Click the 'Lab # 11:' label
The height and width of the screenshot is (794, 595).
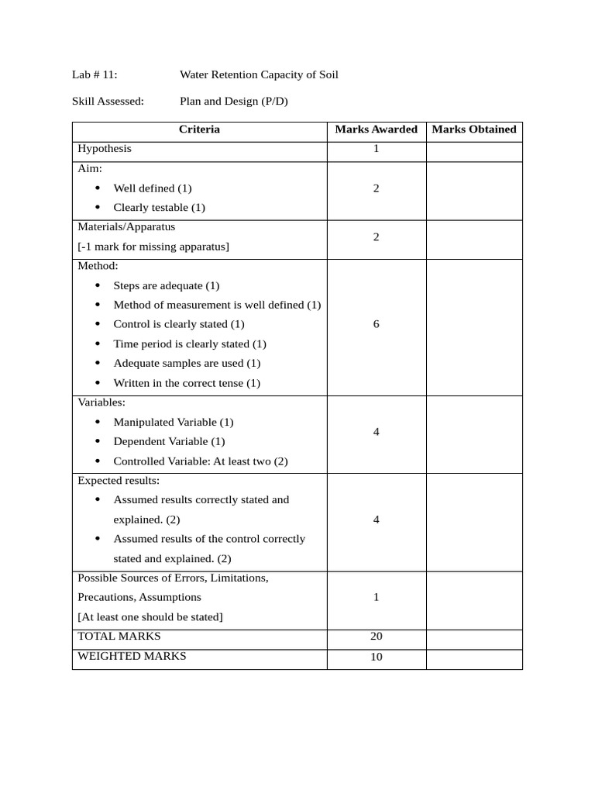pos(95,75)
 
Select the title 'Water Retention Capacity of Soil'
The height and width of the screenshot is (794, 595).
pos(259,75)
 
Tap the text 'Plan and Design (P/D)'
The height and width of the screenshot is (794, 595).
pos(234,101)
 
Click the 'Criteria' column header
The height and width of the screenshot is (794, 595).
pos(199,129)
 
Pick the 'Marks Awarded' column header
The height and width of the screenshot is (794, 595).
pos(376,129)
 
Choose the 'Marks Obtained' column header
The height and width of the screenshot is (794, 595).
pos(474,129)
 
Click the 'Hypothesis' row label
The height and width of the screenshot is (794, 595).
pos(105,149)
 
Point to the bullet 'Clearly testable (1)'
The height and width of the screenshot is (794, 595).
pos(159,208)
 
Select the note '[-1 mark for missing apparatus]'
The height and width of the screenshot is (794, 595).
pos(153,247)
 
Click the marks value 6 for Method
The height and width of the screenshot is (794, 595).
pos(377,324)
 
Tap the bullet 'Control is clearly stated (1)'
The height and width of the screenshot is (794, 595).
pos(178,324)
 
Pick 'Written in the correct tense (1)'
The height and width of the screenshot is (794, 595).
pos(187,383)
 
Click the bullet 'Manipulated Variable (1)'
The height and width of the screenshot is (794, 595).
pos(173,423)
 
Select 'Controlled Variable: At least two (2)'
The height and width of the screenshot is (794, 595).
pos(201,461)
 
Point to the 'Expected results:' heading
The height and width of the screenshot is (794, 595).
pos(119,481)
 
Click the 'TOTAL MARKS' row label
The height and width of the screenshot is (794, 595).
pos(119,637)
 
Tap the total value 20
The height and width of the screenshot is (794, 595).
pos(377,637)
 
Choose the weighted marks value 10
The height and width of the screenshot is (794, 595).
pos(377,657)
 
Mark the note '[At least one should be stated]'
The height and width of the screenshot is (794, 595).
pos(150,617)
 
